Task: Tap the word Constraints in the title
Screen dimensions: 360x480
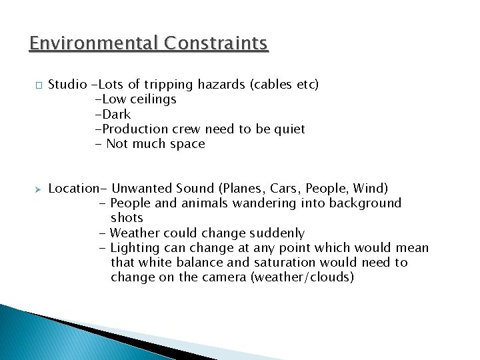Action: pos(216,43)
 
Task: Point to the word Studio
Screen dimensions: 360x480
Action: pos(68,85)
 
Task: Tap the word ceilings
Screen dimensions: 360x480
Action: pos(153,99)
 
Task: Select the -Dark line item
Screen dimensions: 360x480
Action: pos(113,114)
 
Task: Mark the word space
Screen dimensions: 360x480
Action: pos(189,144)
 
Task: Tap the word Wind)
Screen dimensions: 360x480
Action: pos(371,189)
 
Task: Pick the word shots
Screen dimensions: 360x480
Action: pos(127,218)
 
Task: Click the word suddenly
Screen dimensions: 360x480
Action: pos(277,233)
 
